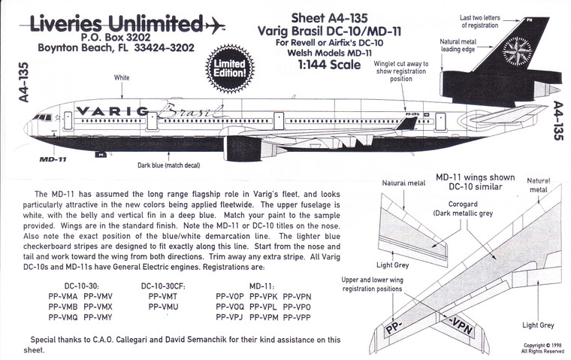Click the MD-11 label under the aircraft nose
[x=50, y=159]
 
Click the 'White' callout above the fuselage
[x=121, y=77]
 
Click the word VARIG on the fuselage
[x=112, y=111]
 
